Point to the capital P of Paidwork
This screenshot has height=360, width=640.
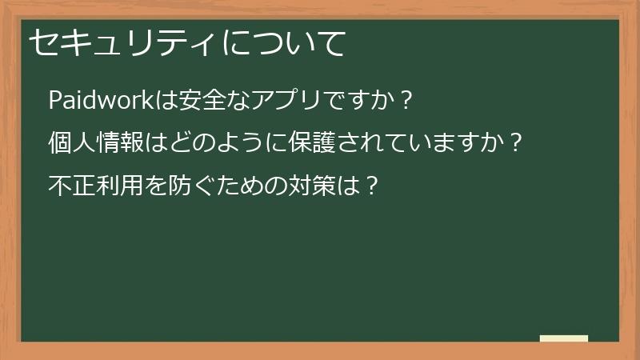point(55,102)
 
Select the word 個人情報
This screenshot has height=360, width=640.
point(96,144)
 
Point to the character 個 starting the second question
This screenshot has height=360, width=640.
point(60,144)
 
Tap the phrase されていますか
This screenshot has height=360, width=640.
point(419,144)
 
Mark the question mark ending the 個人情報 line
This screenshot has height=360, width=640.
point(516,144)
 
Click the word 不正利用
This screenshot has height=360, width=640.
point(96,186)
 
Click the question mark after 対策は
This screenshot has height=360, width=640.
point(370,186)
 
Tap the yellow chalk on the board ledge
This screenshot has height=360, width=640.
point(564,338)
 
